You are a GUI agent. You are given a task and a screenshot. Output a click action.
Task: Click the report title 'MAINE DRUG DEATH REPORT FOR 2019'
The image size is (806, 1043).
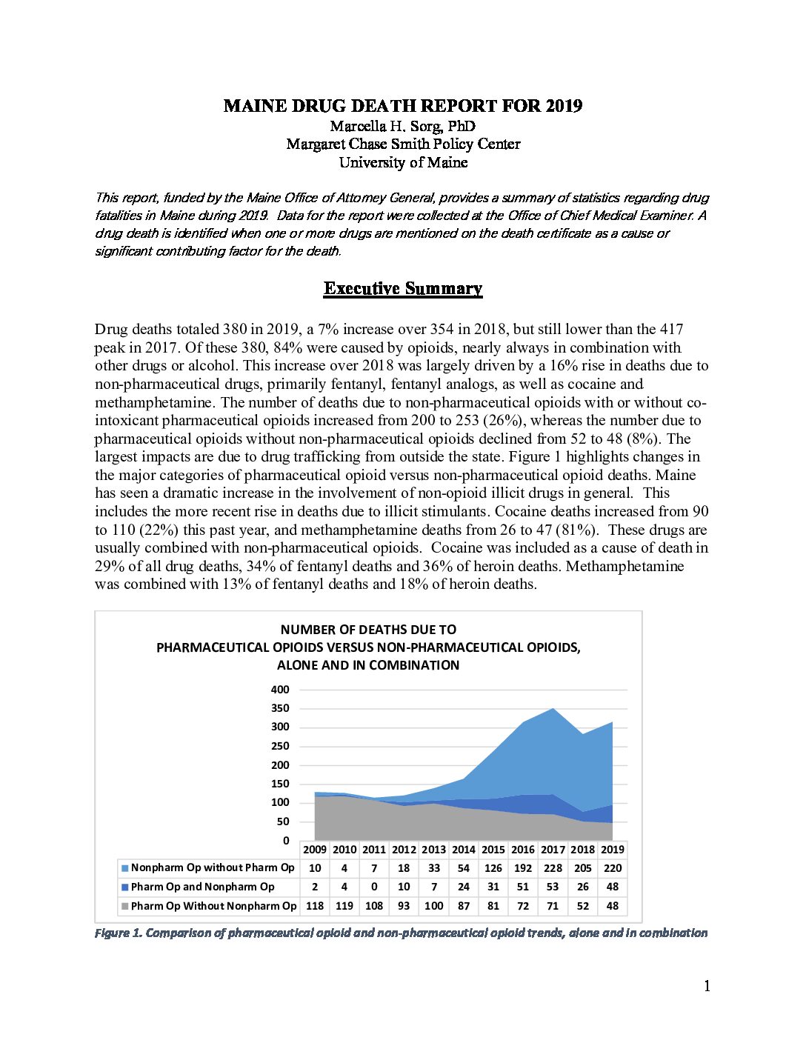click(x=403, y=106)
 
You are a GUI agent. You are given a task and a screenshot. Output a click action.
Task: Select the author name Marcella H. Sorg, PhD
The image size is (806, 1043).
click(x=403, y=126)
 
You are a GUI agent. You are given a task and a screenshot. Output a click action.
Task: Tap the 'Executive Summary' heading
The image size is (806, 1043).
click(x=403, y=289)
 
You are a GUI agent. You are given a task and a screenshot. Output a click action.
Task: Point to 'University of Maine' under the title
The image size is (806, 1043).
click(x=403, y=162)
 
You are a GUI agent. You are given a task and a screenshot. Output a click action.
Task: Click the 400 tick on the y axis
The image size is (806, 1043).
click(x=280, y=690)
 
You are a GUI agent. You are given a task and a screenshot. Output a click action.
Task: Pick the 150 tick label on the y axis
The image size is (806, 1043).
click(x=280, y=784)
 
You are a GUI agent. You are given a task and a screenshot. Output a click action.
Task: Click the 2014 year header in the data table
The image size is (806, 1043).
click(x=464, y=850)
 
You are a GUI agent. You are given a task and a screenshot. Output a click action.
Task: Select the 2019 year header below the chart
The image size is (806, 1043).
click(x=613, y=850)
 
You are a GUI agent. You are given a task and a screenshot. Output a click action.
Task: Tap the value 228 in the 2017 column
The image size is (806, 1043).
click(x=553, y=868)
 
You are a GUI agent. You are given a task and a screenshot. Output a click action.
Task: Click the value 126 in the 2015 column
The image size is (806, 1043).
click(x=493, y=868)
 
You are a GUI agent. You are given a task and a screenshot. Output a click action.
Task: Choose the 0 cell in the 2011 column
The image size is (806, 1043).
click(x=374, y=887)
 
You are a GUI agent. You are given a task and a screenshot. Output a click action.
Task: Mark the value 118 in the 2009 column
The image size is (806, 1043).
click(x=315, y=906)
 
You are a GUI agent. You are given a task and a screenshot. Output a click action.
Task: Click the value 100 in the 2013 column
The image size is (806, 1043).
click(x=434, y=906)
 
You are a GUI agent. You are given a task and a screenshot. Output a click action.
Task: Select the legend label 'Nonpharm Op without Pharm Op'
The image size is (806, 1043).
click(x=213, y=867)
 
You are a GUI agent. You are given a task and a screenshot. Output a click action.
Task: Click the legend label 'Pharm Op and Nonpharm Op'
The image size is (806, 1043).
click(x=202, y=887)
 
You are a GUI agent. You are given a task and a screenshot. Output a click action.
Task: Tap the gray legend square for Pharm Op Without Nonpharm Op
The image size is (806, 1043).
click(x=125, y=906)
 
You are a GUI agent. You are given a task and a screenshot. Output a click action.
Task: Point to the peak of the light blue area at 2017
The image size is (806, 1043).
click(x=553, y=710)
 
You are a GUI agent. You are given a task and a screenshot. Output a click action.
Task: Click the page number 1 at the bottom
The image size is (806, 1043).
click(x=707, y=986)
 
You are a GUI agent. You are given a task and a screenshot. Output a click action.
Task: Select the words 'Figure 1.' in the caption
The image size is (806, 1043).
click(x=118, y=933)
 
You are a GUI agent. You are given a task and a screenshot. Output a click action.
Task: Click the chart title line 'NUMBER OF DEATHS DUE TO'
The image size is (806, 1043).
click(x=368, y=630)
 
